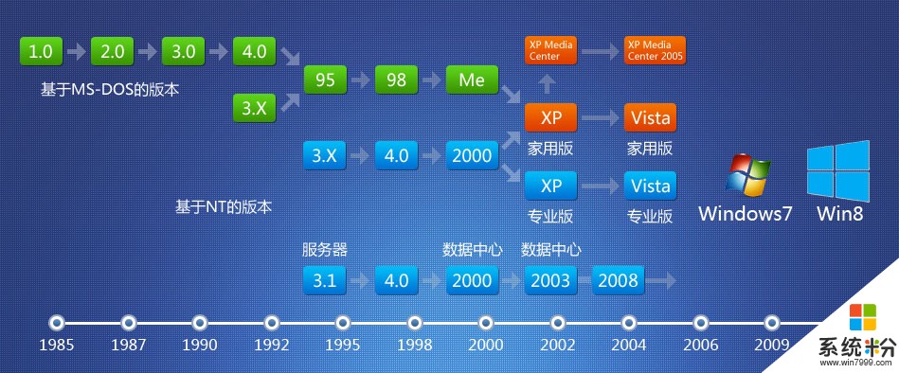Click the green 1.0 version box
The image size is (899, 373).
tap(41, 51)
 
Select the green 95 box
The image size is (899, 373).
tap(325, 80)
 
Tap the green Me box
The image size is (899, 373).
tap(472, 80)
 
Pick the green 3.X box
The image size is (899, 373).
tap(254, 109)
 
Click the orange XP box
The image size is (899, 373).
tap(550, 118)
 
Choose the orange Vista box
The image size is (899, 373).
tap(650, 118)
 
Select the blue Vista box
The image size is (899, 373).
tap(650, 184)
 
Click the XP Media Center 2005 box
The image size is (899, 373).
tap(655, 51)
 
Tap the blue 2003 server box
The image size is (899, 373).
tap(550, 280)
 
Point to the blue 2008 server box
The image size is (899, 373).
tap(617, 280)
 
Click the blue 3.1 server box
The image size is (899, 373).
tap(325, 280)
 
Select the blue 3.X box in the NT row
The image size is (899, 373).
tap(325, 155)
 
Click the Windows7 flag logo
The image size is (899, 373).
tap(746, 175)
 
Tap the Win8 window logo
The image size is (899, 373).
tap(838, 169)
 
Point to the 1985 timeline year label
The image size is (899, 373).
tap(57, 346)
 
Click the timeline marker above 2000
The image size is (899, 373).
tap(486, 321)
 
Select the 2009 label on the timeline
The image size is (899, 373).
tap(772, 346)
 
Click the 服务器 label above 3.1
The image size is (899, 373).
tap(325, 250)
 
